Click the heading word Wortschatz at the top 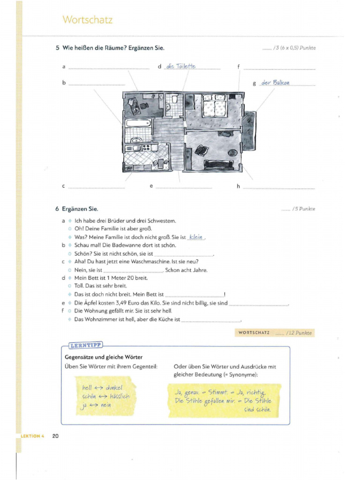pos(88,20)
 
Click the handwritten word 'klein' pos(195,237)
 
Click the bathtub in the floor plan pos(138,125)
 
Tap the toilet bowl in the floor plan pos(174,100)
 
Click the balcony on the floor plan pos(248,131)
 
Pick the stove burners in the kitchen pos(147,148)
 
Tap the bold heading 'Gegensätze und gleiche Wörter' pos(103,357)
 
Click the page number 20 pos(55,436)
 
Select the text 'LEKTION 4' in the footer pos(33,436)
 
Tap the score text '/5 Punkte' pos(304,209)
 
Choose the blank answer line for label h pos(278,188)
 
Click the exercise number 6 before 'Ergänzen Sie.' pos(57,209)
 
